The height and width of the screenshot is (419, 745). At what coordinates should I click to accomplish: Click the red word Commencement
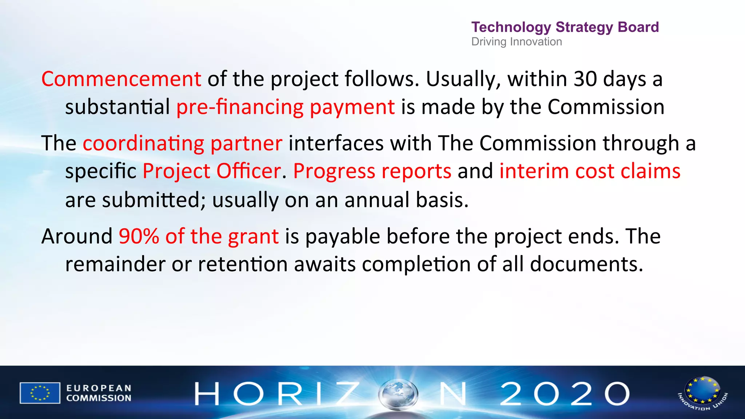(121, 79)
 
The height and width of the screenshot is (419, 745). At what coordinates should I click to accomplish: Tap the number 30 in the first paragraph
(585, 79)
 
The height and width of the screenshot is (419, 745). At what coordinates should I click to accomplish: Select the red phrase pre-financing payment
(286, 107)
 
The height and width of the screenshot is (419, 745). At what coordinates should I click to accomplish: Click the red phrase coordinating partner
(182, 143)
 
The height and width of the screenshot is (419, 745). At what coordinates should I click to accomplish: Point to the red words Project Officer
(211, 171)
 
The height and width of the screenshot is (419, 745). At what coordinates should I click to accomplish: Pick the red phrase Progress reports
(372, 171)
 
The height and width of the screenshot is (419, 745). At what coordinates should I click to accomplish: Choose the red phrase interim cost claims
(590, 171)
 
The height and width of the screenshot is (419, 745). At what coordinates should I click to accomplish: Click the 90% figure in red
(139, 236)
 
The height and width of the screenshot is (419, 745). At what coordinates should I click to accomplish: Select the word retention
(243, 264)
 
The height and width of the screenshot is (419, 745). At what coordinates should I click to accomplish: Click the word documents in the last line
(586, 264)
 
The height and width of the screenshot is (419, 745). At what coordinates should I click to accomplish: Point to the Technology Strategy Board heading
(565, 27)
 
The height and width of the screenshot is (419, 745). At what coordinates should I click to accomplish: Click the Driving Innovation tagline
(517, 42)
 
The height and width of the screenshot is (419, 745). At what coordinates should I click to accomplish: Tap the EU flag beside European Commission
(40, 393)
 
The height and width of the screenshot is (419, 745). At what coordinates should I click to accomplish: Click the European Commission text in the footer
(99, 393)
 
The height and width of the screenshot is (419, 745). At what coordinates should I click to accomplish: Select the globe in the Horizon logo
(398, 394)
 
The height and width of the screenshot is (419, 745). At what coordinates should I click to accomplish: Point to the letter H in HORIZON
(207, 394)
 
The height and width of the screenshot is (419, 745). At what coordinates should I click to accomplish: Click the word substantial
(117, 107)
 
